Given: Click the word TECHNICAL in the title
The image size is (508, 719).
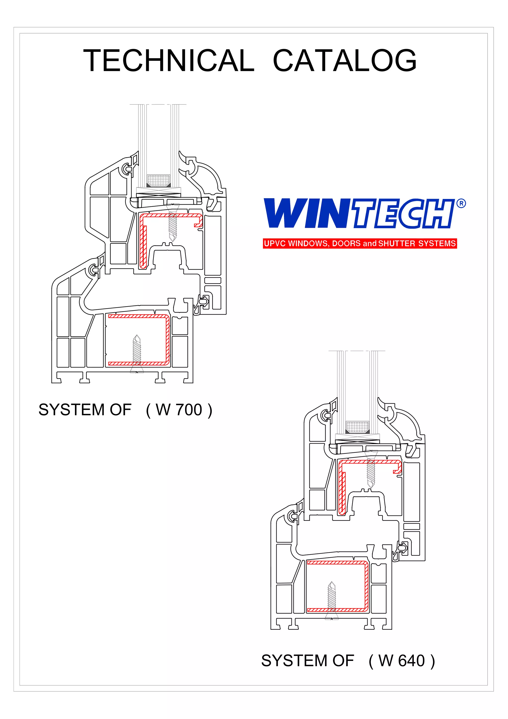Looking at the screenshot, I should (169, 61).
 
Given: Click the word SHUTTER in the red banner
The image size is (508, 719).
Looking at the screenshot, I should (397, 243).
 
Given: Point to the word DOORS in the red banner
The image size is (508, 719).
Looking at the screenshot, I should (346, 243).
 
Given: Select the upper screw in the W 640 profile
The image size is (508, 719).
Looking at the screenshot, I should (371, 470).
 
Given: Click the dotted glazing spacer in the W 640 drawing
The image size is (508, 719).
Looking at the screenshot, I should (357, 426).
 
